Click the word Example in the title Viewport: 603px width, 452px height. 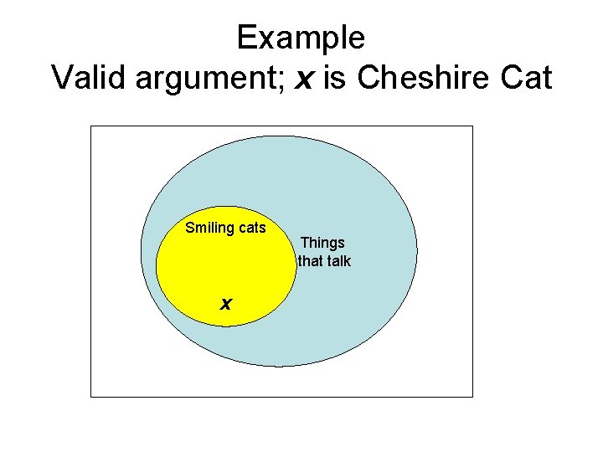pos(301,39)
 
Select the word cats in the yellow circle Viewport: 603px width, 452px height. pos(250,228)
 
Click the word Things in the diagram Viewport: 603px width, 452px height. pos(322,243)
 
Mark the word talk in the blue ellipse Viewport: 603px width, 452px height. pos(338,261)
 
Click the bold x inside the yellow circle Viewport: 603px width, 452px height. pos(225,303)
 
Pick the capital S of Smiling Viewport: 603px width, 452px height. pos(190,228)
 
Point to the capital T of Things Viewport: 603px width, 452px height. pos(305,243)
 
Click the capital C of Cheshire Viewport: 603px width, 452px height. pos(369,78)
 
